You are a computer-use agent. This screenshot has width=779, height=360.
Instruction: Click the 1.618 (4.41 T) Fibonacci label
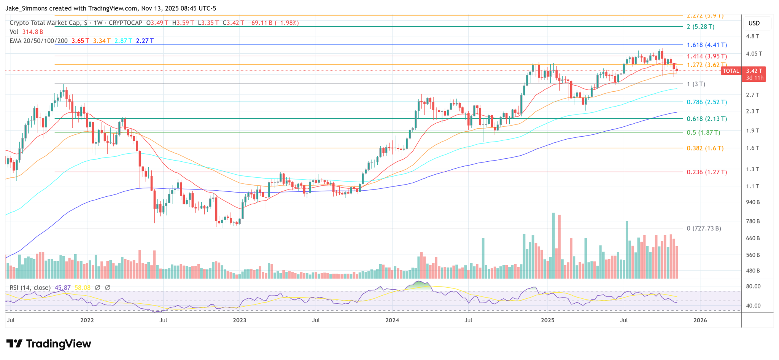click(x=707, y=45)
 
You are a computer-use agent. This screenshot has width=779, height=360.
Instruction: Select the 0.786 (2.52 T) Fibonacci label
click(x=707, y=102)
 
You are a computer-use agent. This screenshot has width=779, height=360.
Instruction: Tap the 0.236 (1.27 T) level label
click(x=707, y=172)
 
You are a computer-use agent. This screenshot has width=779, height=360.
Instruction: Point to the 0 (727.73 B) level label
click(x=704, y=228)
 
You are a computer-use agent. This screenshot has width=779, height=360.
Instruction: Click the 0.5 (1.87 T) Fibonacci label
click(x=703, y=132)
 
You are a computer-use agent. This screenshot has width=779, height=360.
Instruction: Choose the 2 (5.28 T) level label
click(x=700, y=27)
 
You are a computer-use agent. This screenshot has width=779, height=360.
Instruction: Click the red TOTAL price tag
click(x=731, y=71)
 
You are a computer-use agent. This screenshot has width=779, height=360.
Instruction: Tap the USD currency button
click(x=754, y=23)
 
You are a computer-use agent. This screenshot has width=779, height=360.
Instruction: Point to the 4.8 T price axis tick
click(x=752, y=37)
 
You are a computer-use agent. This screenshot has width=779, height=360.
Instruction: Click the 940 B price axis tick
click(x=753, y=202)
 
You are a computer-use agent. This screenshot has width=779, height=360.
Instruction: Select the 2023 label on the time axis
click(x=240, y=320)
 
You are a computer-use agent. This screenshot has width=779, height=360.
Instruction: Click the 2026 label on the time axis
click(x=700, y=320)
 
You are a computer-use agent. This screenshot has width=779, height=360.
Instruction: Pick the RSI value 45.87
click(x=63, y=288)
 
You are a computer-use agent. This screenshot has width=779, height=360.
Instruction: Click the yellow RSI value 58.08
click(x=83, y=288)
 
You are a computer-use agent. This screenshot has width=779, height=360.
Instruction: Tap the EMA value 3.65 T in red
click(x=80, y=41)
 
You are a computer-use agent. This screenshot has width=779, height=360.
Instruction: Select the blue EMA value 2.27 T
click(x=145, y=41)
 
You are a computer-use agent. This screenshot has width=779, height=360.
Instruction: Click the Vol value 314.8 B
click(x=33, y=32)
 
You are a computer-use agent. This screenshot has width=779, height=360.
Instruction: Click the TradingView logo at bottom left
click(x=49, y=344)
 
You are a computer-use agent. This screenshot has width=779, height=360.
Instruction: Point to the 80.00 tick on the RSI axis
click(x=753, y=286)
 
